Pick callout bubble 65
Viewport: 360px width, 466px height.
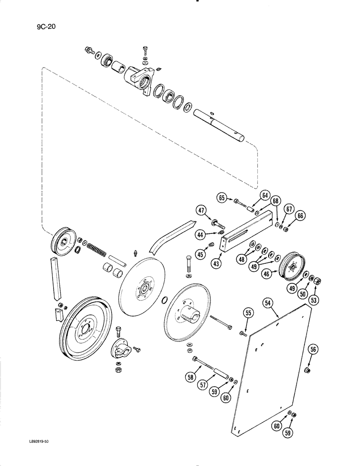click(222, 198)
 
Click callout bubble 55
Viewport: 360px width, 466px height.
click(248, 315)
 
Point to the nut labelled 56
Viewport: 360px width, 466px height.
click(307, 370)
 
